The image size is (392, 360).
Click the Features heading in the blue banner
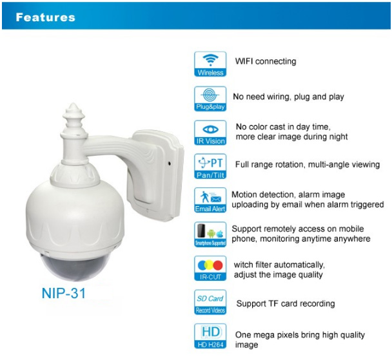46,17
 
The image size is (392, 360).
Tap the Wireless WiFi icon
210,64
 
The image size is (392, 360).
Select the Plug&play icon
210,99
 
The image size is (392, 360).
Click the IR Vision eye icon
210,133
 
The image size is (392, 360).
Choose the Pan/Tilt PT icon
210,166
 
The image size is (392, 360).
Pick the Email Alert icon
210,200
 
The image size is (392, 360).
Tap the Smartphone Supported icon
210,234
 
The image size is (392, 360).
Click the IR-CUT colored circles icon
210,269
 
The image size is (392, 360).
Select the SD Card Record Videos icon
210,302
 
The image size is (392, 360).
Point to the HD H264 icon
210,336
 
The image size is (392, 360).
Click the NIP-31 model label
64,293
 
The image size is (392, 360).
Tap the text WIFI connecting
266,61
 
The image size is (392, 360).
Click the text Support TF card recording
286,303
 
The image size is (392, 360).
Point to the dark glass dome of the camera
75,267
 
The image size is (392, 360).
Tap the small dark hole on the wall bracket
170,164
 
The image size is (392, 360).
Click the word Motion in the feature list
243,194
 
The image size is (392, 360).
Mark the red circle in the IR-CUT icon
218,265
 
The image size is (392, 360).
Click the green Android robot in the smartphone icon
211,233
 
